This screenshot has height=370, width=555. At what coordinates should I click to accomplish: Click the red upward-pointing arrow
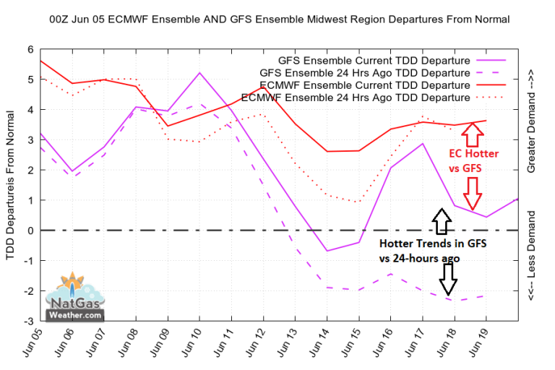point(472,133)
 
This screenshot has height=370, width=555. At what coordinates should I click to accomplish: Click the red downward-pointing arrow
point(472,194)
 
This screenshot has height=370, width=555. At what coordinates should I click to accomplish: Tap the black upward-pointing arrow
point(440,219)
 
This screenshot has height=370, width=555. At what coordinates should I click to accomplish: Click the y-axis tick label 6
point(30,49)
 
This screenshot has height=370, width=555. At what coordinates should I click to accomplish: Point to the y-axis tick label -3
point(28,321)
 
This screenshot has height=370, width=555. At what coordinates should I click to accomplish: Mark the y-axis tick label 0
point(30,231)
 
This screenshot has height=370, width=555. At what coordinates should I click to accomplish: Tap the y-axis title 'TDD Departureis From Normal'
point(10,184)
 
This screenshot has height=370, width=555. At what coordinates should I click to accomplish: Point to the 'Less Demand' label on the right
point(531,257)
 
